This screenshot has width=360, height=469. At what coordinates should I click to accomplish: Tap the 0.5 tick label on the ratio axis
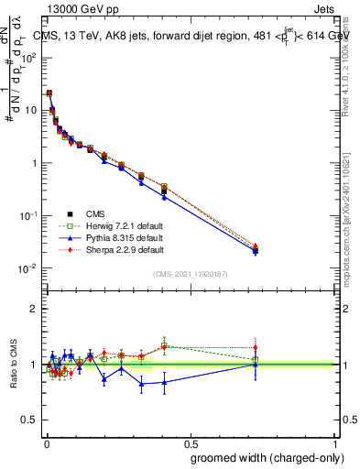click(x=29, y=420)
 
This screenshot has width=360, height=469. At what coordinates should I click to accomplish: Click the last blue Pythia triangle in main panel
click(x=256, y=250)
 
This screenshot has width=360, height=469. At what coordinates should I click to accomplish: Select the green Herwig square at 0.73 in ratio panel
click(x=256, y=359)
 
